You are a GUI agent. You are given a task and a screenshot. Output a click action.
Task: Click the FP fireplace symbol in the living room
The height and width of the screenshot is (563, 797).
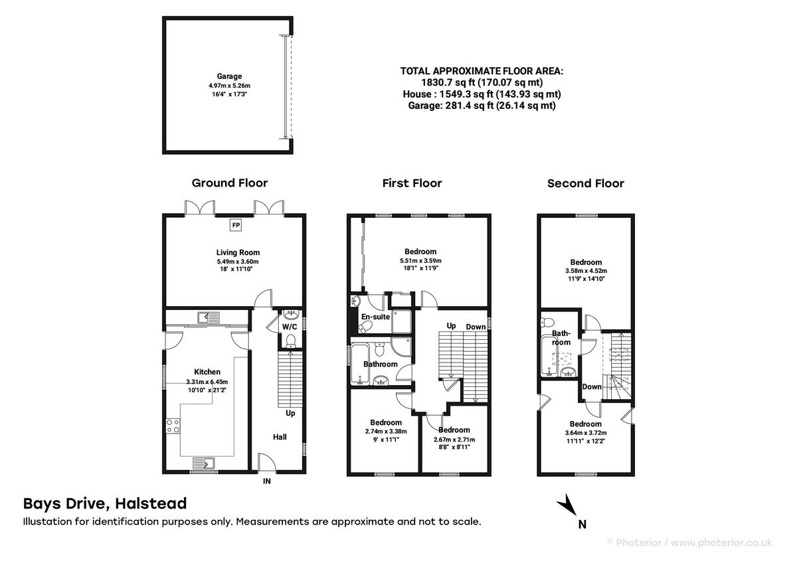click(235, 225)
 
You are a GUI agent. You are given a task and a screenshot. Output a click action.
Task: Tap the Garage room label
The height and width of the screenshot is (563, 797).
click(229, 76)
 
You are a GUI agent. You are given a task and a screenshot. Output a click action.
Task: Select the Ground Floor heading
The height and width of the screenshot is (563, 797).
click(230, 183)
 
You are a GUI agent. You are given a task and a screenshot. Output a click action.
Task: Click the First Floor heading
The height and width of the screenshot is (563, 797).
click(412, 183)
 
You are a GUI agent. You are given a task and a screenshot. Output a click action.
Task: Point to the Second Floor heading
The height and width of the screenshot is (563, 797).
click(585, 183)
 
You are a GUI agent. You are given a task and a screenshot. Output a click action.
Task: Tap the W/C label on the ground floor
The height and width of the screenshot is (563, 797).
click(289, 327)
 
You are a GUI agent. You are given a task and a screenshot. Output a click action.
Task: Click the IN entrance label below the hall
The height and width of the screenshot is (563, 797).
click(267, 481)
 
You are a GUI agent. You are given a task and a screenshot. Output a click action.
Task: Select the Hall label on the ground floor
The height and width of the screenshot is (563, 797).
click(280, 438)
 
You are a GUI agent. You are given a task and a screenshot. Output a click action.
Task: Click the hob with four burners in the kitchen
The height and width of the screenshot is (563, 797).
click(173, 425)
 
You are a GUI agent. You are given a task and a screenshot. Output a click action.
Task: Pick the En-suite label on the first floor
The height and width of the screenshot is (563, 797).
click(375, 317)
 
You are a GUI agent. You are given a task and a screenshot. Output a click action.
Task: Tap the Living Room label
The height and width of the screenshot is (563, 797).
click(238, 252)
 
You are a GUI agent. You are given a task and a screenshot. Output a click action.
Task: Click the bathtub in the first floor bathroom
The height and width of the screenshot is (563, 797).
click(359, 364)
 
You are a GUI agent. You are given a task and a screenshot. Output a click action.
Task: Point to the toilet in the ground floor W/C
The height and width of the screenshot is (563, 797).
click(290, 341)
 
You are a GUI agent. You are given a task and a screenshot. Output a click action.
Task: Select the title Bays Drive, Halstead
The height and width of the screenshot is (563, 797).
click(105, 504)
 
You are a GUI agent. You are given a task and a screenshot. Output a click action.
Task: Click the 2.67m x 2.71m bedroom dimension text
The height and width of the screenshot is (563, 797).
click(454, 440)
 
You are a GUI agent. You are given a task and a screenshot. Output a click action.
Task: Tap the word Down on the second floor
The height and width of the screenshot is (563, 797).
click(592, 386)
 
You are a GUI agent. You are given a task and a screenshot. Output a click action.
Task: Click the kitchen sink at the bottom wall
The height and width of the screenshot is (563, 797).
click(204, 463)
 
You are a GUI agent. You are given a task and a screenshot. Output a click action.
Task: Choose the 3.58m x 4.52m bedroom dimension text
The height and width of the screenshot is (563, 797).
click(585, 271)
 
